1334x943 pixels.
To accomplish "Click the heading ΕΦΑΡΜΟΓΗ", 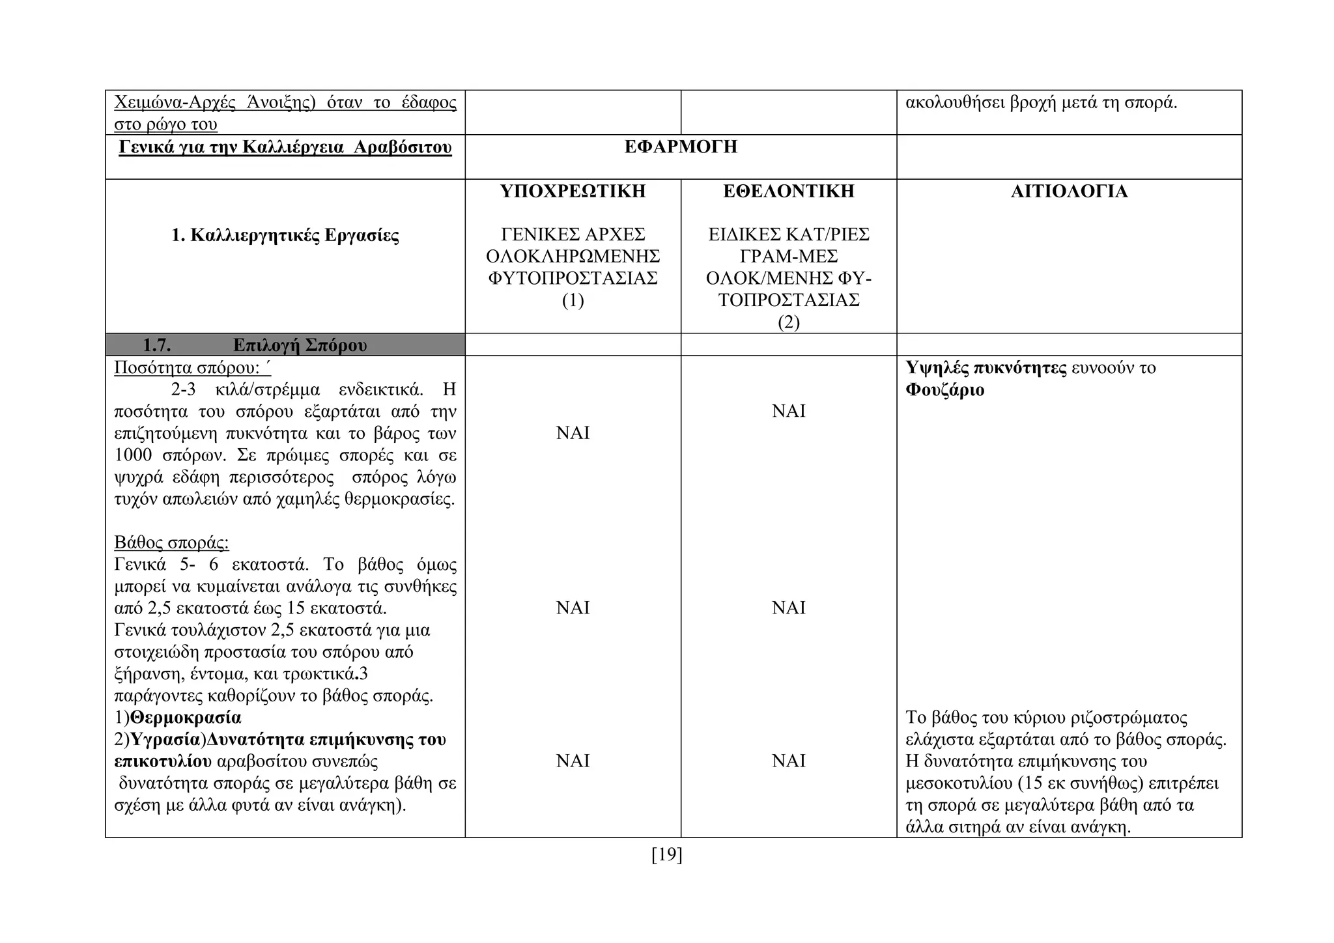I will click(681, 147).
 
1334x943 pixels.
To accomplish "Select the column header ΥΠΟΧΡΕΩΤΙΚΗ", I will click(573, 191).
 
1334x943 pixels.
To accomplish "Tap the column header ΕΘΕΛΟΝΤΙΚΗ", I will click(788, 191).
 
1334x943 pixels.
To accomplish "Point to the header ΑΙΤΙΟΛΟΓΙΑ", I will click(1069, 191).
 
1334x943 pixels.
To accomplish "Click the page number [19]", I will click(666, 854).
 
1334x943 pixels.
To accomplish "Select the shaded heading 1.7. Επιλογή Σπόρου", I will click(285, 345).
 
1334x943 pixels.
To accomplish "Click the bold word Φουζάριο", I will click(944, 390).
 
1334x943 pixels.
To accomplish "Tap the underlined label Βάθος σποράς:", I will click(171, 542).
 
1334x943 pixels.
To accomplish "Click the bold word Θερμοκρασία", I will click(186, 718).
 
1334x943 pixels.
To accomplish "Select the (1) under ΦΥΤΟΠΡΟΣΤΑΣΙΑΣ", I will click(573, 300).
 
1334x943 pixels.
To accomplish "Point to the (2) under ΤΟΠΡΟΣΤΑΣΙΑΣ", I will click(788, 322).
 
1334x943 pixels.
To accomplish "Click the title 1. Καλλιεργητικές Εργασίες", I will click(285, 235).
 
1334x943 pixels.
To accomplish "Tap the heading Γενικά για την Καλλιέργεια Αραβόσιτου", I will click(285, 147).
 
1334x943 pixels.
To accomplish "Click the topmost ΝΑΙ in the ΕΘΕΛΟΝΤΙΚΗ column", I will click(788, 411).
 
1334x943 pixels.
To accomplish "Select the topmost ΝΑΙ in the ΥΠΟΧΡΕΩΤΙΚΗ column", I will click(573, 433).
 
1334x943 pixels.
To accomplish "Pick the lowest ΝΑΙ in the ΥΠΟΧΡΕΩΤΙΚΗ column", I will click(573, 761).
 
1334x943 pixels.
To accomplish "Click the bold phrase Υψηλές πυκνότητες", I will click(986, 368).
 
